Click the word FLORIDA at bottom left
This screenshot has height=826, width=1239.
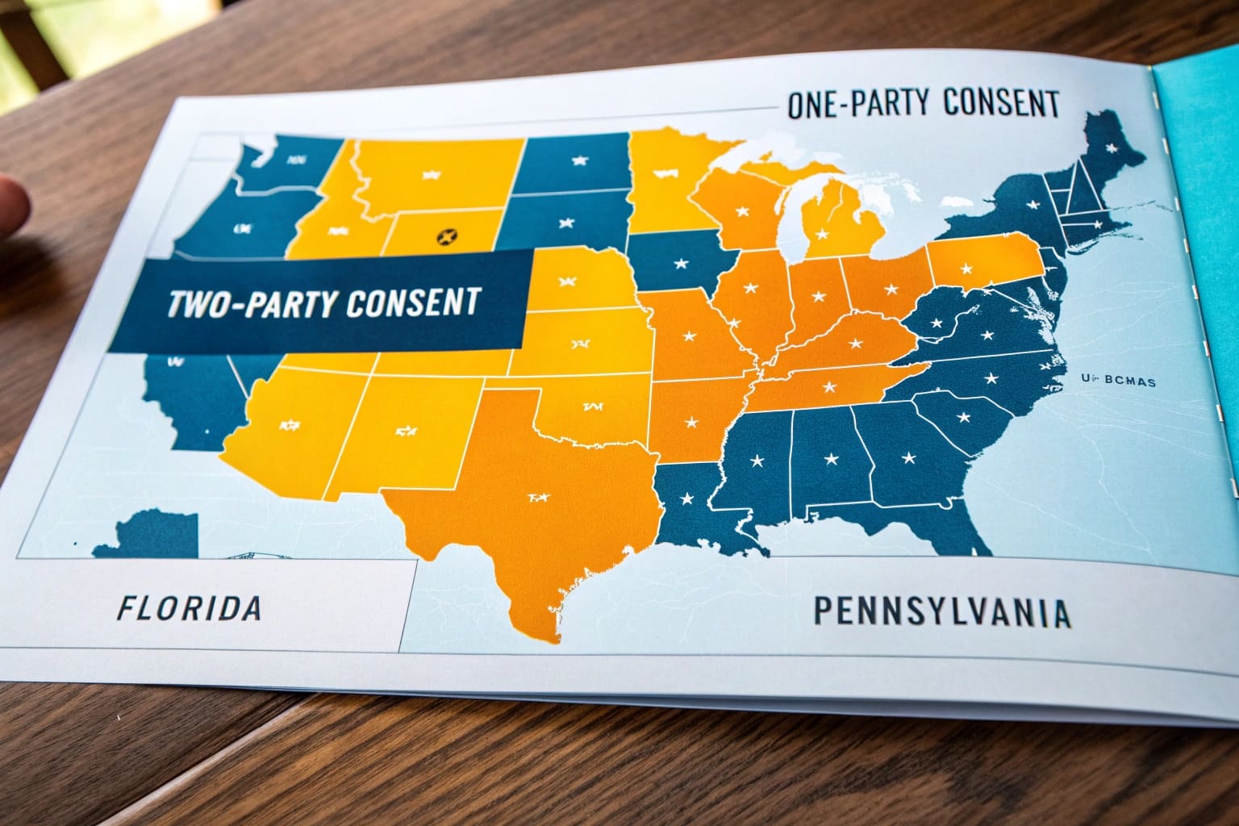coord(189,608)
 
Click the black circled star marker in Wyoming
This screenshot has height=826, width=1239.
coord(446,236)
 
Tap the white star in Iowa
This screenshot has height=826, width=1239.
coord(682,263)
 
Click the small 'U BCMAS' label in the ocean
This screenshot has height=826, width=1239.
coord(1120,381)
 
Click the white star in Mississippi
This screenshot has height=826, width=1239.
coord(757,461)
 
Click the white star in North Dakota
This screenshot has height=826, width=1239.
coord(578,161)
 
